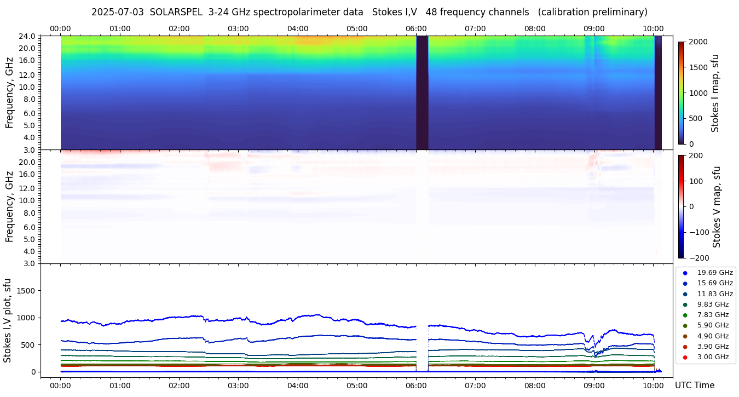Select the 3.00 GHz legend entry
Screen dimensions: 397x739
point(713,357)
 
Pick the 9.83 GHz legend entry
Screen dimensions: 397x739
point(713,304)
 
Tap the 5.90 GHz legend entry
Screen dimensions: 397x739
point(713,325)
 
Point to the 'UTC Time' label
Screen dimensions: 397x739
point(695,385)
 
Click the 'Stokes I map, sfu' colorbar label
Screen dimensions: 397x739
point(715,93)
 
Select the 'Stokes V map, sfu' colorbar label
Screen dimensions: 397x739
point(716,206)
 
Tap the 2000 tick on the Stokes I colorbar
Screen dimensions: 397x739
point(699,42)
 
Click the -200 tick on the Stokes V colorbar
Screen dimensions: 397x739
point(699,258)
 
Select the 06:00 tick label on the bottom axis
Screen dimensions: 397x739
point(416,385)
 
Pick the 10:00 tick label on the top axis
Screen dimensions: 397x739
point(653,28)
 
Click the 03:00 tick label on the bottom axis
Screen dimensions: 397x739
point(238,385)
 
